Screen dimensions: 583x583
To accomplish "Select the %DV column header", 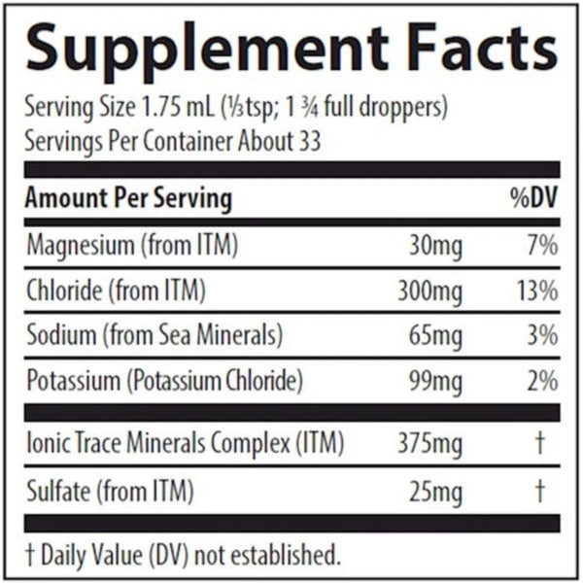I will coord(533,200).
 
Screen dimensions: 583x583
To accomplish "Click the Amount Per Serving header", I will coord(128,200).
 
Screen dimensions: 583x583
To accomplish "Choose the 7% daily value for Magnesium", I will coord(542,245).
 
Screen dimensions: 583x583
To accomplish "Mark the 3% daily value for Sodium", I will coord(543,336).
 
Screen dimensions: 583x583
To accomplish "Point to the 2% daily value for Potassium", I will coord(543,381).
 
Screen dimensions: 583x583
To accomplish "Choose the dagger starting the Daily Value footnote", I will coord(30,557).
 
